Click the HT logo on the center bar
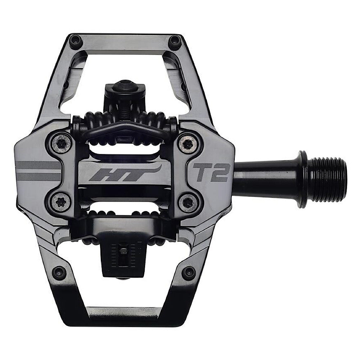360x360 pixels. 125,174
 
